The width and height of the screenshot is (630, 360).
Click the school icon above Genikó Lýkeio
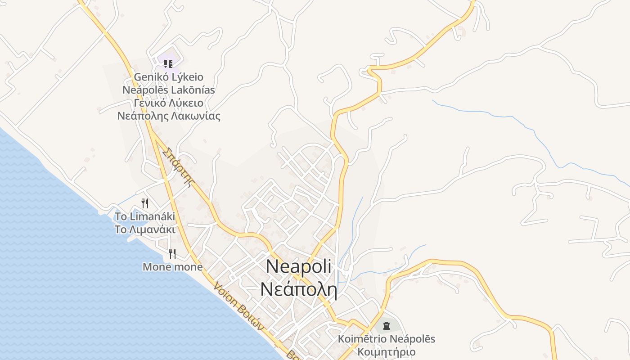[x=168, y=63]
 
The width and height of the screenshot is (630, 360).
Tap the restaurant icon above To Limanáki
[x=144, y=203]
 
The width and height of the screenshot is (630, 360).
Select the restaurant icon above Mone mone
[x=172, y=254]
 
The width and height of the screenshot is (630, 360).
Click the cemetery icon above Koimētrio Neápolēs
[x=386, y=325]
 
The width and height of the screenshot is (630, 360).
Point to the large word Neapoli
[x=298, y=266]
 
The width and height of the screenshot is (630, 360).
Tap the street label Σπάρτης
[x=180, y=166]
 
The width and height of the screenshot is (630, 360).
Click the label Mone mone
[x=172, y=267]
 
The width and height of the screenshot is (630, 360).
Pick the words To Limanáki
[x=144, y=216]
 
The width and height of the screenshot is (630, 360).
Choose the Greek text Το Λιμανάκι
[x=144, y=229]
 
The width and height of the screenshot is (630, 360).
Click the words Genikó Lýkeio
[x=168, y=77]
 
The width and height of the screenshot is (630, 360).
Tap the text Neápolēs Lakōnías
[x=168, y=90]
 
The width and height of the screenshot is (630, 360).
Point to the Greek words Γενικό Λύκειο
[x=168, y=103]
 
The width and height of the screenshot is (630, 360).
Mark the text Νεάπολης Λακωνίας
[x=168, y=116]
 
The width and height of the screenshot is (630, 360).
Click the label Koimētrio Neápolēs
[x=386, y=339]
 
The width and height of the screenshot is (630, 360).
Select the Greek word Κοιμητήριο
[x=386, y=351]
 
